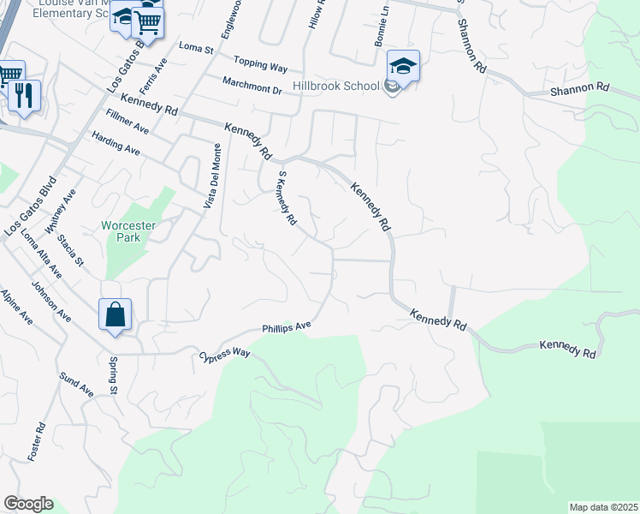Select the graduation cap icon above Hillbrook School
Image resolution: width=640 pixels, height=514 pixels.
coord(403,65)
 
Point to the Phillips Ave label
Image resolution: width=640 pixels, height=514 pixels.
coord(287,327)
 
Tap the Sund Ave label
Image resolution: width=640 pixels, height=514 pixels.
coord(76,385)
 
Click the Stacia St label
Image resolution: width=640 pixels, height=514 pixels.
coord(69,254)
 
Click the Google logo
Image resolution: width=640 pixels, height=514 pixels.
coord(27,504)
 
